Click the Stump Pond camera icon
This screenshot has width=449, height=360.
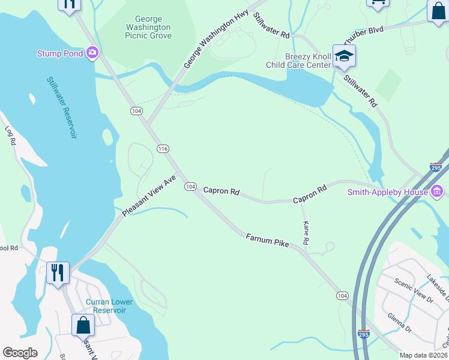92,53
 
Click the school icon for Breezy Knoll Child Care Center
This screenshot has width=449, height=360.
345,57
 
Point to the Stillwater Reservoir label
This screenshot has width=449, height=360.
62,107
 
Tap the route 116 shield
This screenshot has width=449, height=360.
163,149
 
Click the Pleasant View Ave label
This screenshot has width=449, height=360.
149,196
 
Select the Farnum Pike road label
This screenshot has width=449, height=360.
267,241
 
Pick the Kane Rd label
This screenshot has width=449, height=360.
306,233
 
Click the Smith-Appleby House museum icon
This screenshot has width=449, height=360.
437,192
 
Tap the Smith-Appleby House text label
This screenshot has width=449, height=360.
387,192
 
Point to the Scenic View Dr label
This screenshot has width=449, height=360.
414,290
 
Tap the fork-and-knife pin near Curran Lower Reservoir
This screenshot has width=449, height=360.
58,273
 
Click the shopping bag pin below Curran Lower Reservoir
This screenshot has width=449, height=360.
83,326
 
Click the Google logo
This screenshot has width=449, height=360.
20,353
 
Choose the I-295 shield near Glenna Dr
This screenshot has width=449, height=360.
363,333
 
